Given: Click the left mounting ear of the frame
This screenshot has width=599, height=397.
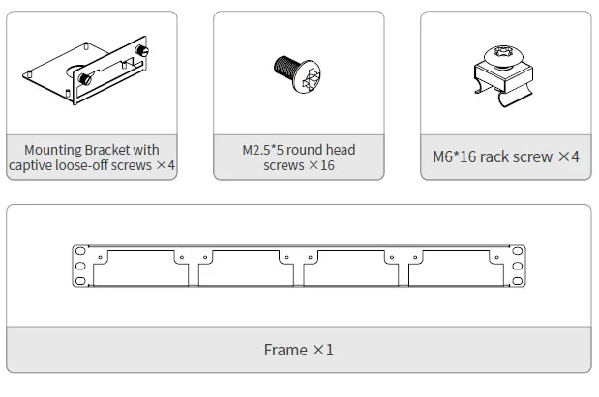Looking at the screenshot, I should click(80, 266).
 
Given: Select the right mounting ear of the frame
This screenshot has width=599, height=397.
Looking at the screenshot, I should click(519, 266).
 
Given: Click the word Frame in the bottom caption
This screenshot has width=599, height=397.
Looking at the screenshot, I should click(285, 350).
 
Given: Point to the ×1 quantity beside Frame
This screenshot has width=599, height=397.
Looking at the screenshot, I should click(322, 350).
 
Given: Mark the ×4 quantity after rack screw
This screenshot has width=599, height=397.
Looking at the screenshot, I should click(568, 156).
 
